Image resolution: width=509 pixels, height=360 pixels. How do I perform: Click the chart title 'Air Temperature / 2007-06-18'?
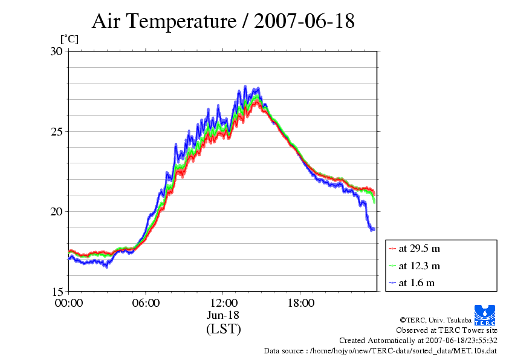223,22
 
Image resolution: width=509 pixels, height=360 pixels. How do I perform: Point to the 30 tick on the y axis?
57,51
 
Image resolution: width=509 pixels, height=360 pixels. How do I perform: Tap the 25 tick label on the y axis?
57,131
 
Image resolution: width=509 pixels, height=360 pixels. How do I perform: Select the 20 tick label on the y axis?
57,211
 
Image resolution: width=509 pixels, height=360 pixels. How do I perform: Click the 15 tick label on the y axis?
57,291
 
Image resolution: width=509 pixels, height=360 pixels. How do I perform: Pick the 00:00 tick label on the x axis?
68,303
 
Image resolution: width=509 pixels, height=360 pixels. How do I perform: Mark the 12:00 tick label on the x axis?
223,303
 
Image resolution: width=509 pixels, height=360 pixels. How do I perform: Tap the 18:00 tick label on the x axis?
300,303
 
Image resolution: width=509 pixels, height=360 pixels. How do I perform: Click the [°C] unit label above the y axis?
69,39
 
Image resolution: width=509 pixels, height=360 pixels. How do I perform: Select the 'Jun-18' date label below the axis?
223,315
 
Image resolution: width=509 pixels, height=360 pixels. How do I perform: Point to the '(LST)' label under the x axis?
223,329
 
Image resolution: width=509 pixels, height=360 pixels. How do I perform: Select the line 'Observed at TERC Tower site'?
447,330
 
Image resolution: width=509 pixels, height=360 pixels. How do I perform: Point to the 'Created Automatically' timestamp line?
418,341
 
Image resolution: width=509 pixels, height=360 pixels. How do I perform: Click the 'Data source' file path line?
381,351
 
